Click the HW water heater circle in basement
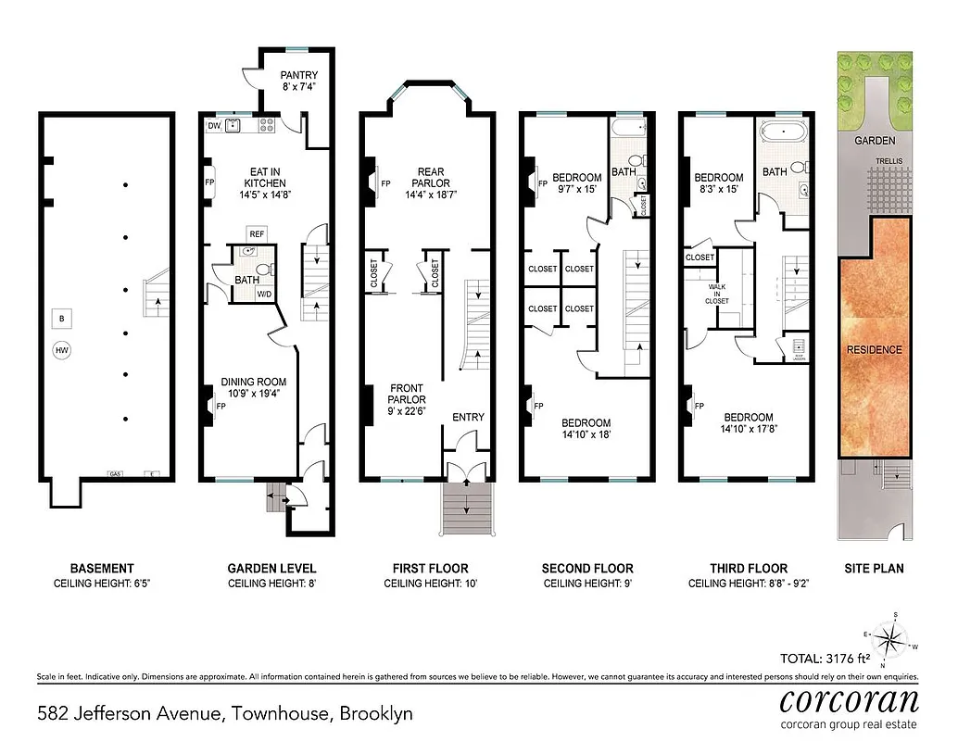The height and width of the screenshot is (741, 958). pyautogui.click(x=62, y=351)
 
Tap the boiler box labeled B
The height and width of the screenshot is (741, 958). pyautogui.click(x=62, y=319)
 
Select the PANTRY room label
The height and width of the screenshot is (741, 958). pyautogui.click(x=299, y=75)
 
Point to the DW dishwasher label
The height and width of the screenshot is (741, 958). pyautogui.click(x=213, y=126)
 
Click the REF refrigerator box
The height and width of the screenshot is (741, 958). pyautogui.click(x=257, y=233)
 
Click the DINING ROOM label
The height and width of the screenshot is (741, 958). pyautogui.click(x=253, y=382)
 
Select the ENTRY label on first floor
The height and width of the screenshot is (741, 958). pyautogui.click(x=468, y=417)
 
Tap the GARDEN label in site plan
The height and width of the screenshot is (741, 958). pyautogui.click(x=875, y=141)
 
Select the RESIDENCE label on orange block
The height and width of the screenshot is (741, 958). pyautogui.click(x=873, y=350)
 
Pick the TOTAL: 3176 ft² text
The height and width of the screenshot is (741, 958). pyautogui.click(x=833, y=659)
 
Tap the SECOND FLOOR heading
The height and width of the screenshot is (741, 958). pyautogui.click(x=588, y=568)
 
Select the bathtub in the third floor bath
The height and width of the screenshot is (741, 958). pyautogui.click(x=786, y=132)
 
